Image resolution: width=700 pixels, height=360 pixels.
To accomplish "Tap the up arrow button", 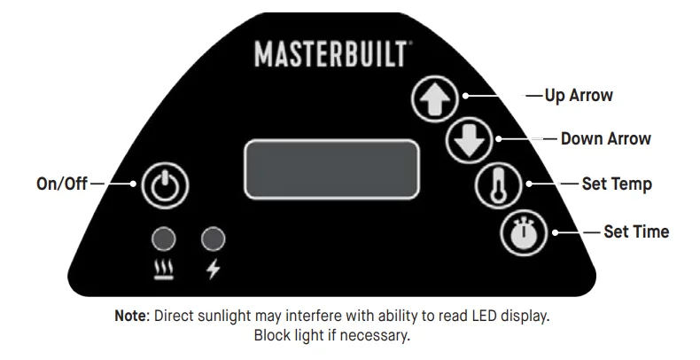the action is pos(435,99).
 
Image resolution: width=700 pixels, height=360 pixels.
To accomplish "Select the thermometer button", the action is pos(498,184).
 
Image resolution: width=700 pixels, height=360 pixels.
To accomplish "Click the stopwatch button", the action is pos(524,232).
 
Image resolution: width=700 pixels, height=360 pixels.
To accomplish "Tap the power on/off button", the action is pos(165,185).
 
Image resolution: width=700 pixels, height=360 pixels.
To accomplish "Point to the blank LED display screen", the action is pos(331,169).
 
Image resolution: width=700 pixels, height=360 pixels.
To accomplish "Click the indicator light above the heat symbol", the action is pos(164,239).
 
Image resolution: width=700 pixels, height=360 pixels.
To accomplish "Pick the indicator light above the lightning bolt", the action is pos(214,239).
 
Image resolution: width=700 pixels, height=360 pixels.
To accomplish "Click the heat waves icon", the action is pos(164,270).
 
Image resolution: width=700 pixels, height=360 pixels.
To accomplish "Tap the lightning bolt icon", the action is pos(214,270).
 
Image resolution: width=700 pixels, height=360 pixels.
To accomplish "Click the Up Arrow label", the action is pos(579,96).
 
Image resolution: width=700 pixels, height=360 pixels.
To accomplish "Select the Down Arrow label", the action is pos(606,139).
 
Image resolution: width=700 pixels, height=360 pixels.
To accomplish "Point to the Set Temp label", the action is pos(617,184).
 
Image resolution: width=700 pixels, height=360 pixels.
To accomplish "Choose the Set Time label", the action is pos(636,231).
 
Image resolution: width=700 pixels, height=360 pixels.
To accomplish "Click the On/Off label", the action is pos(62,184).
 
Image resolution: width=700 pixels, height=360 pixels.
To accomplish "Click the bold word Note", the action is pos(130,316).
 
